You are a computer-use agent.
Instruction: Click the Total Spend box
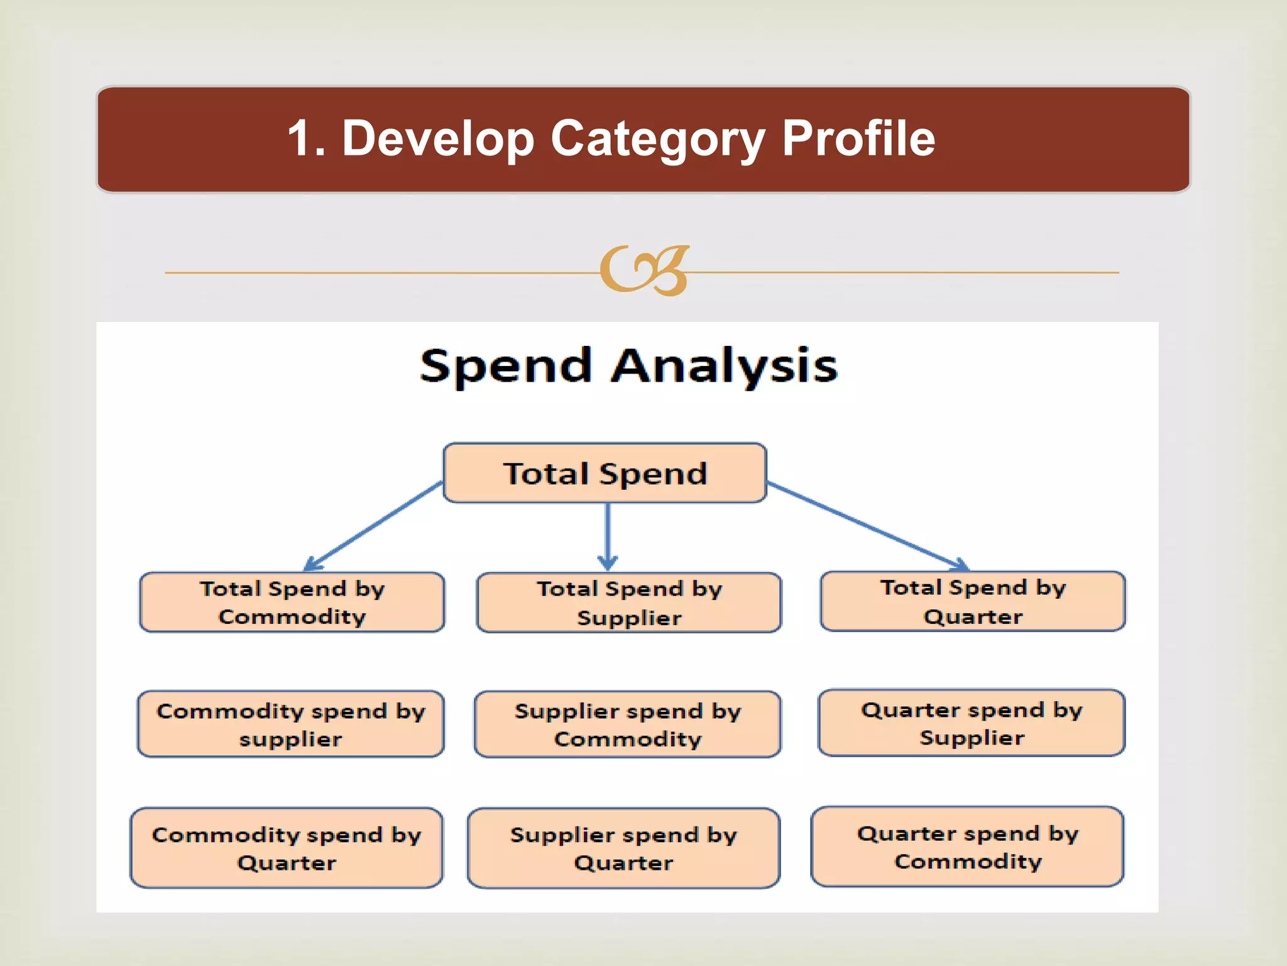tap(605, 473)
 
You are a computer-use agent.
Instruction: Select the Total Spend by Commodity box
tap(292, 602)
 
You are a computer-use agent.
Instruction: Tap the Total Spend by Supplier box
tap(628, 602)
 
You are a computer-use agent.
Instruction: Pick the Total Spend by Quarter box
tap(972, 601)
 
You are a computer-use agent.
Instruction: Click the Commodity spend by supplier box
tap(290, 724)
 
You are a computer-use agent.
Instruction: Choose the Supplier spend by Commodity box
tap(627, 724)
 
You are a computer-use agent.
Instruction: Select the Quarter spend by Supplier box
tap(971, 723)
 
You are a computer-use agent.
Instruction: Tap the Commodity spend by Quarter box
tap(286, 848)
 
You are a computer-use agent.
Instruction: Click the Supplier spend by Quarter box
tap(623, 848)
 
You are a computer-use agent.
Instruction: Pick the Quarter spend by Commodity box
tap(967, 847)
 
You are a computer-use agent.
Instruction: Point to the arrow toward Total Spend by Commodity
tap(374, 526)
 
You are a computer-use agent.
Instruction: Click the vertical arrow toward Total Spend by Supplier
tap(607, 535)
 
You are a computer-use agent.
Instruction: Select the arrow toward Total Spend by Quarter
tap(867, 526)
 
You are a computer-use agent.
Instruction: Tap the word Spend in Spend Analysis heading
tap(505, 366)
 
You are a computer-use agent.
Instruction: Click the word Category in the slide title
tap(657, 140)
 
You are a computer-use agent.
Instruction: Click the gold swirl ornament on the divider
tap(644, 271)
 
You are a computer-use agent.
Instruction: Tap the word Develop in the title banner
tap(437, 140)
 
